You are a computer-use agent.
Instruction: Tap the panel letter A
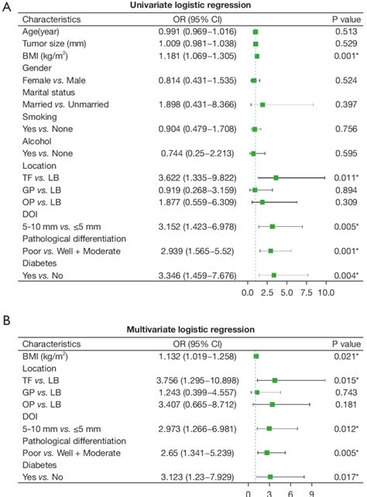(x=6, y=5)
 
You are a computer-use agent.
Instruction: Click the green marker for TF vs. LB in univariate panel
(x=276, y=177)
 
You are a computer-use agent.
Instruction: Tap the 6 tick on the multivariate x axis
(x=290, y=491)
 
